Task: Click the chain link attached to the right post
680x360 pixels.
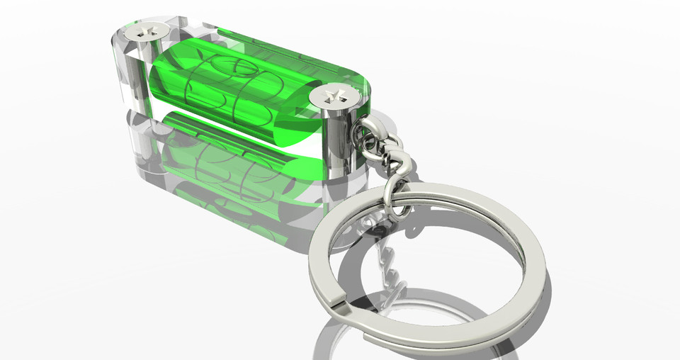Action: [x=372, y=131]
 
